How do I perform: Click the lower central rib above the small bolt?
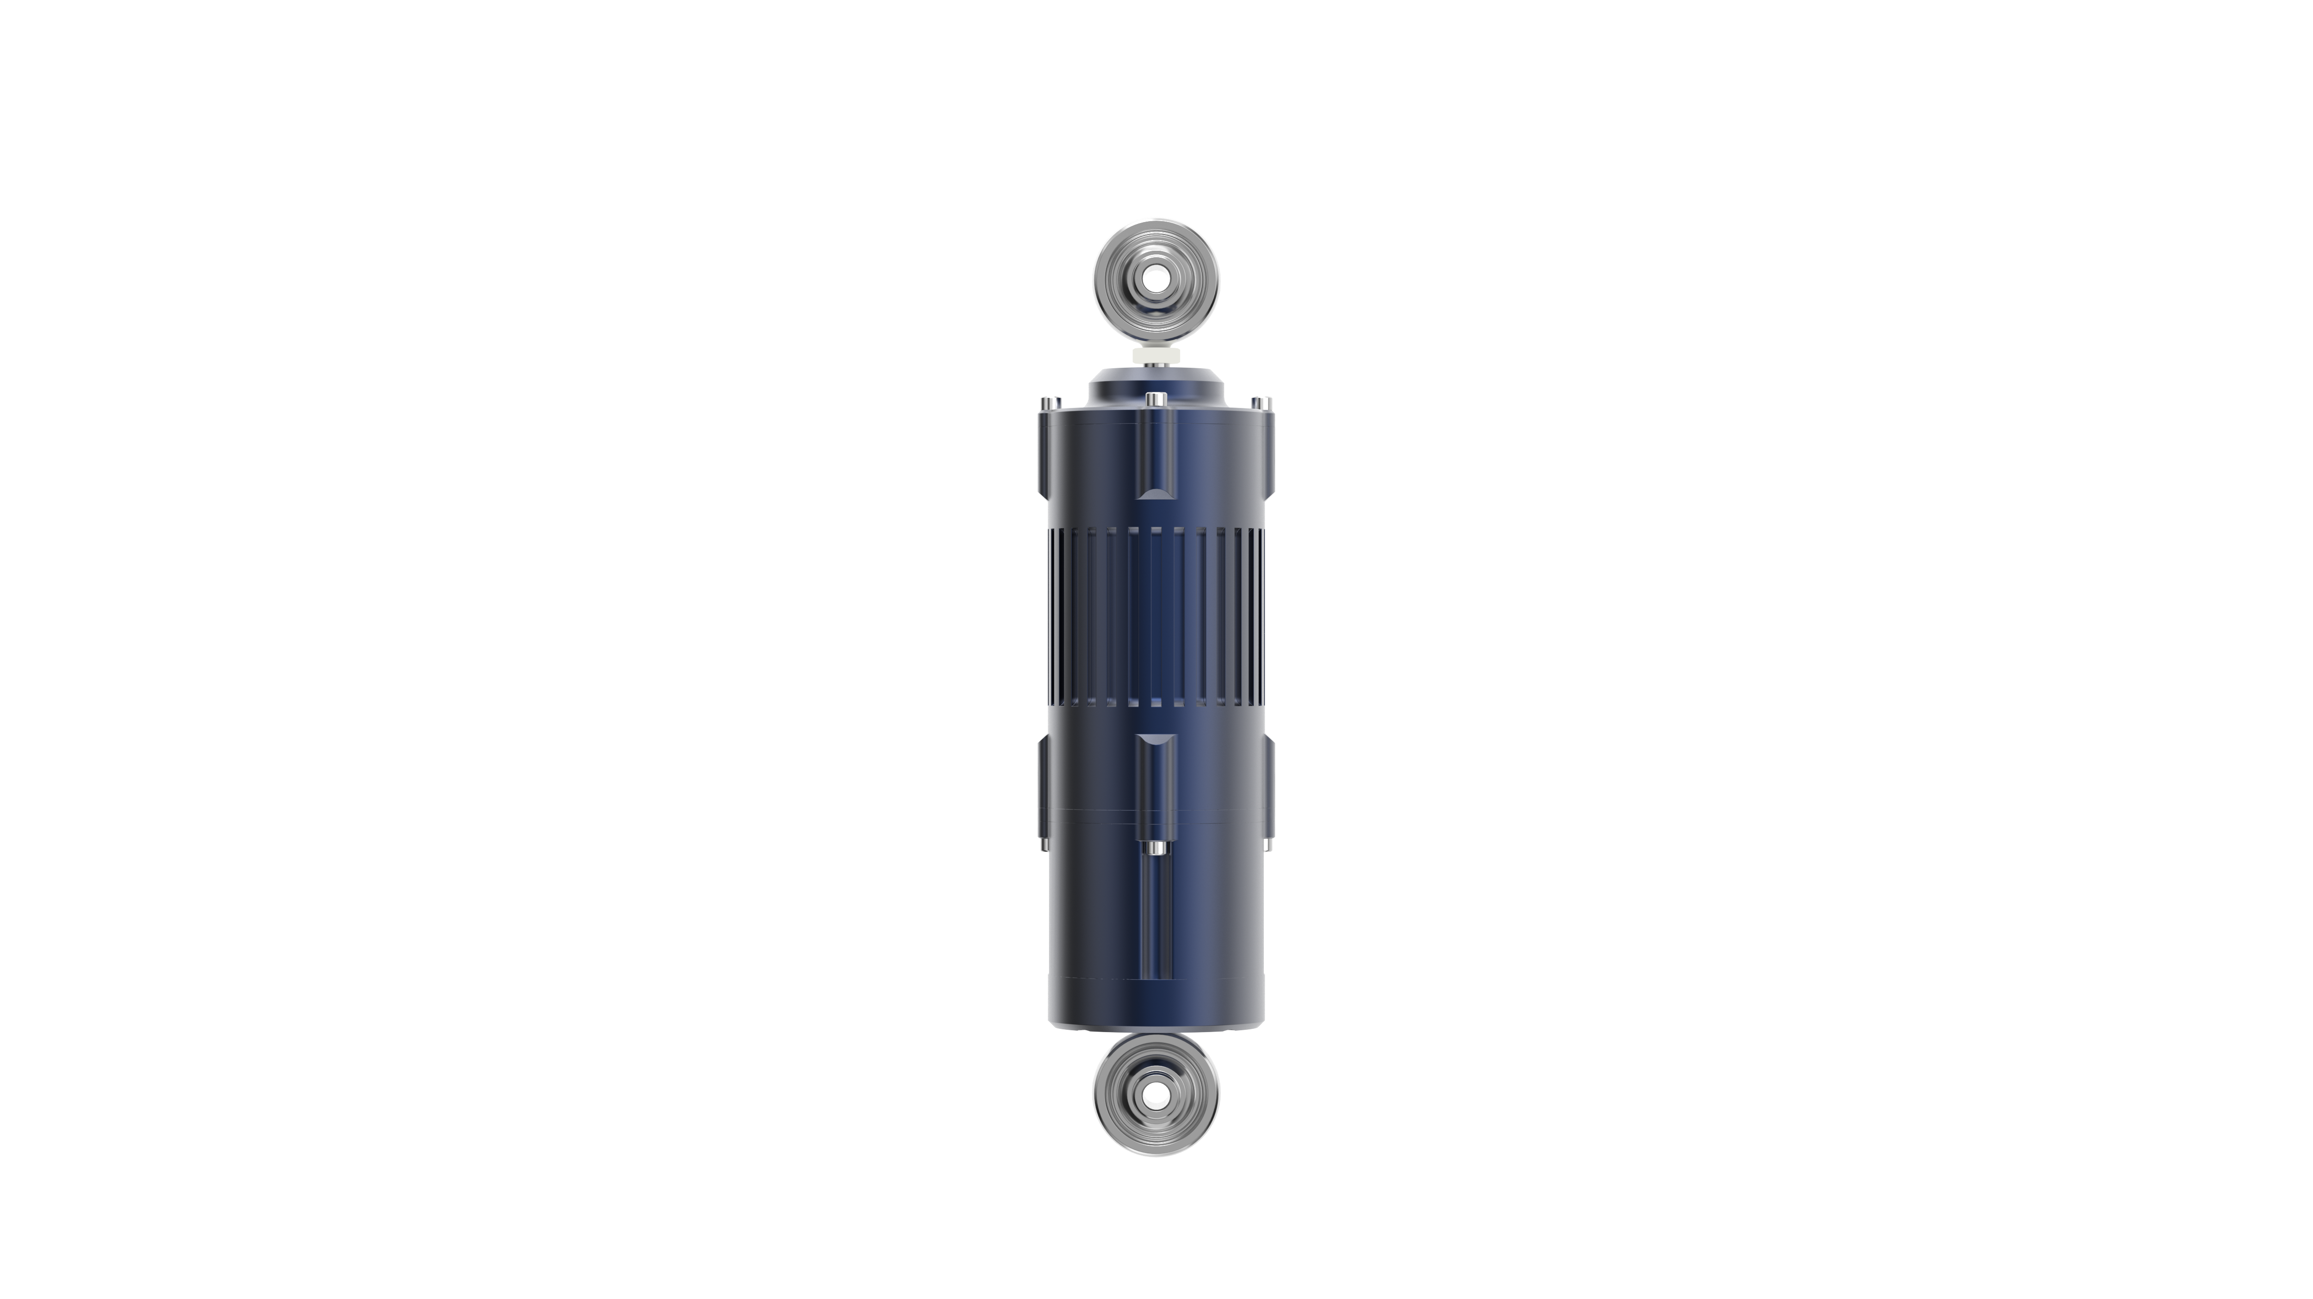click(1156, 781)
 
